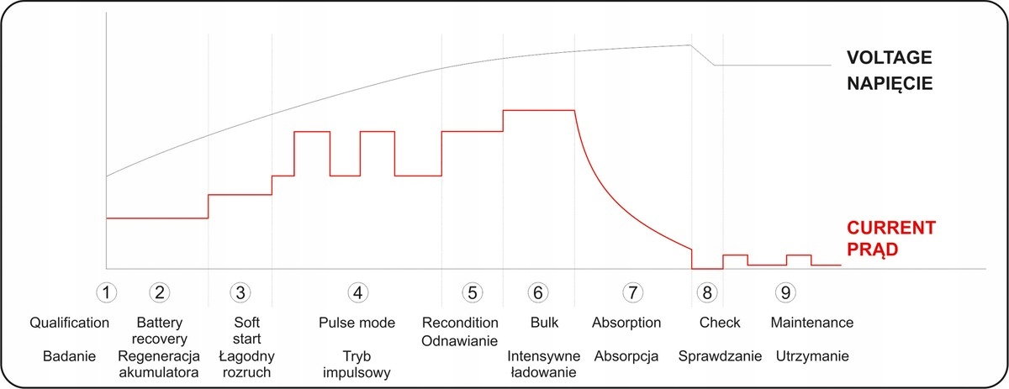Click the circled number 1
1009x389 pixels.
(x=106, y=292)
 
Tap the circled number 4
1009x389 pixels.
(x=358, y=292)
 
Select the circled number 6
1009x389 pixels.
(x=538, y=292)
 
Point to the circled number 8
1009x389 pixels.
(x=707, y=292)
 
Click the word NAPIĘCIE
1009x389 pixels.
(x=890, y=84)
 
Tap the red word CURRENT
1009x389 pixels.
(x=891, y=228)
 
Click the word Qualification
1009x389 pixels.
(x=70, y=323)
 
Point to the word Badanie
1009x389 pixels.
(x=70, y=355)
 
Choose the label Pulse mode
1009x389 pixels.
(x=357, y=323)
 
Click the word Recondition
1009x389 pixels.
(x=461, y=323)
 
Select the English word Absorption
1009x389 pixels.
(x=626, y=323)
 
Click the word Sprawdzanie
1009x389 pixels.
(x=721, y=355)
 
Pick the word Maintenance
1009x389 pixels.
(x=812, y=323)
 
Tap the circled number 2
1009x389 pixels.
(x=160, y=292)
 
